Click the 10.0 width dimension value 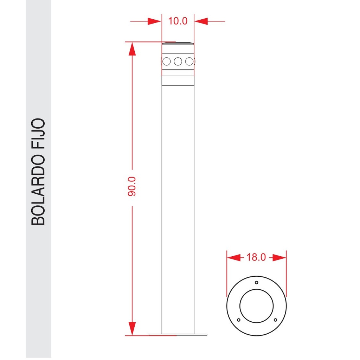point(178,21)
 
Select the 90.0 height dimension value point(132,186)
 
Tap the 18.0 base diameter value point(256,257)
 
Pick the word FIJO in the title point(38,134)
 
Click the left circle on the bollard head point(166,62)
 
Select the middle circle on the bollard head point(178,62)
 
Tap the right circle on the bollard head point(189,62)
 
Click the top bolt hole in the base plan point(256,283)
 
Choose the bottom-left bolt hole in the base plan point(239,320)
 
